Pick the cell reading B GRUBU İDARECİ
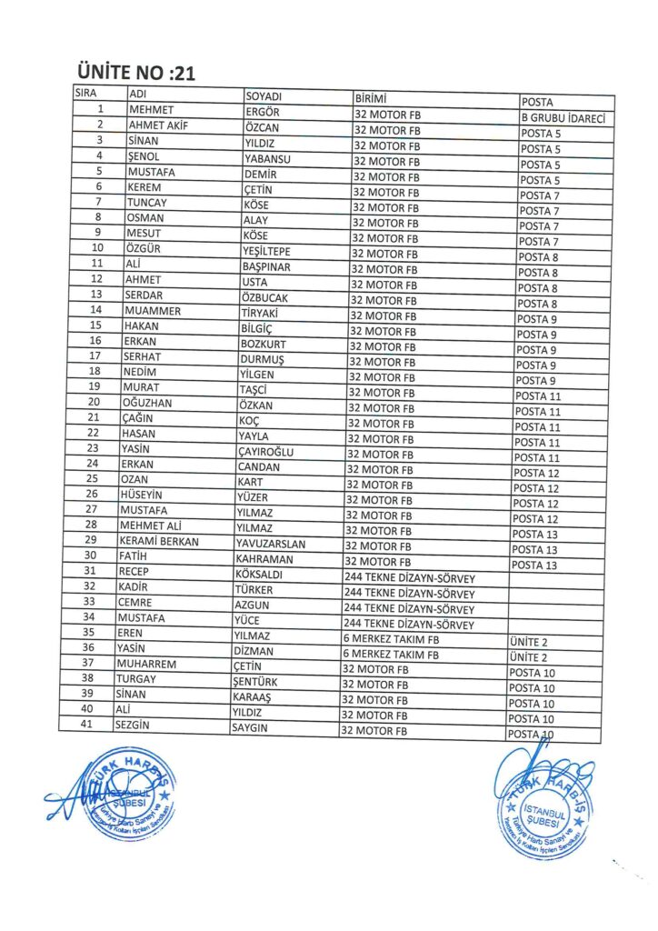click(x=566, y=118)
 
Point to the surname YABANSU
click(x=266, y=158)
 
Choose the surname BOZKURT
click(x=264, y=344)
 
